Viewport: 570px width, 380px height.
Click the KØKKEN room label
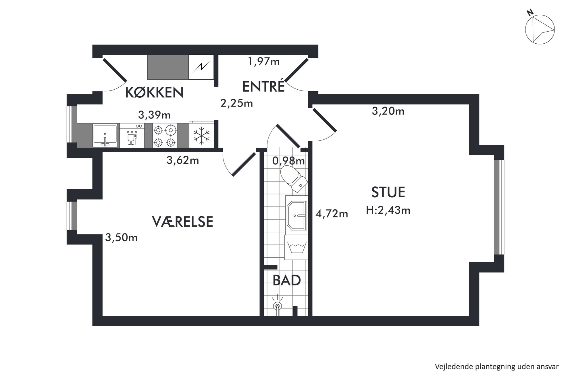(x=155, y=92)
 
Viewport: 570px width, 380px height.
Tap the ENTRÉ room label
(x=263, y=86)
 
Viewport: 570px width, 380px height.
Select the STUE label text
(x=388, y=192)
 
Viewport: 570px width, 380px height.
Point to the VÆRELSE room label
(x=182, y=222)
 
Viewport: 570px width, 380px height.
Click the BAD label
(x=287, y=280)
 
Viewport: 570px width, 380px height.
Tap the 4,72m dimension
(x=332, y=214)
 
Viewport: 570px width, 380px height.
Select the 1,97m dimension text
(x=264, y=61)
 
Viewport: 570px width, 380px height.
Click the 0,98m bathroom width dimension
(x=288, y=161)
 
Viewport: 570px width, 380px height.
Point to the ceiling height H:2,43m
(x=388, y=210)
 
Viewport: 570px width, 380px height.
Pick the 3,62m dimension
(x=183, y=160)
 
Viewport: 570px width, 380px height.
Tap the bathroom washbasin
(x=296, y=215)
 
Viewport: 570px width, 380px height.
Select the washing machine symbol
(x=296, y=247)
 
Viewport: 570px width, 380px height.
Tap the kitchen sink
(x=105, y=136)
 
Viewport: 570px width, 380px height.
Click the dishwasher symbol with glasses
(x=132, y=136)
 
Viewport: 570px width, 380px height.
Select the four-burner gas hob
(x=165, y=136)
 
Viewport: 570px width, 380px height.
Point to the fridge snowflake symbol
(x=201, y=136)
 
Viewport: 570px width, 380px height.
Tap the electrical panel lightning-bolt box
(x=201, y=67)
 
